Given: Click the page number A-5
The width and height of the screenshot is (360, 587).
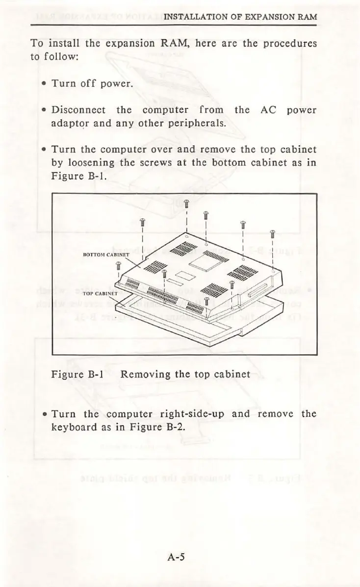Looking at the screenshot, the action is [175, 557].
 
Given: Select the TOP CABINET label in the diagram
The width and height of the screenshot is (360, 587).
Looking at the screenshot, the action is [98, 294].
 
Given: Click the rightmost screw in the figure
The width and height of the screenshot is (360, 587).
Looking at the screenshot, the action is [273, 234].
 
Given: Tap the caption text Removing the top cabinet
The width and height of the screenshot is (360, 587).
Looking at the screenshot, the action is [185, 375].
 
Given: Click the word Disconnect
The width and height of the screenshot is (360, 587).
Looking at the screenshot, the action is [78, 110].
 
